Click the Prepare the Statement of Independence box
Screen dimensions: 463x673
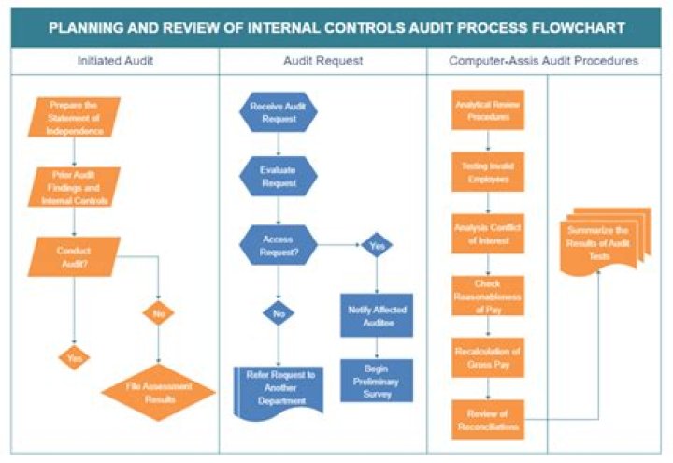[74, 118]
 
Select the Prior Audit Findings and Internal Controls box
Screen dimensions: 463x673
[74, 188]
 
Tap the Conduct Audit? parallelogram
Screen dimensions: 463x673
[74, 258]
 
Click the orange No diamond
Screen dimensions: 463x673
[157, 314]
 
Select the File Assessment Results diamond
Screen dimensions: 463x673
[157, 392]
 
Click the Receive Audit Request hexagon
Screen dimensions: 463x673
[279, 113]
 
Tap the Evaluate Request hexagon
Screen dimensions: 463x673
[279, 178]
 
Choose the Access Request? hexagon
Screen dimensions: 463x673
[279, 245]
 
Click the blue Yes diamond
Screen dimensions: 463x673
[377, 246]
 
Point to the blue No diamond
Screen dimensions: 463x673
[279, 315]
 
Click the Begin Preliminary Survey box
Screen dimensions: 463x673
[377, 378]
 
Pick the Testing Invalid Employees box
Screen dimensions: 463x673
[487, 171]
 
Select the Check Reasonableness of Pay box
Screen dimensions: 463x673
[487, 297]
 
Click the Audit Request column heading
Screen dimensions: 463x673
[322, 61]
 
